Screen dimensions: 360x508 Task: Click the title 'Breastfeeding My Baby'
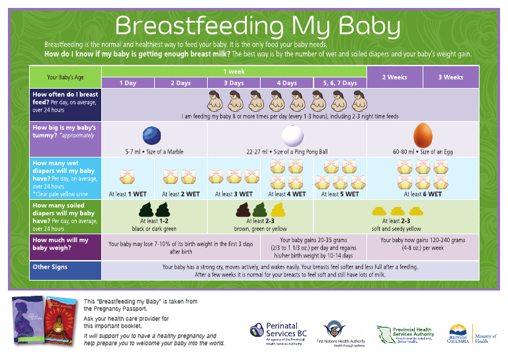point(257,26)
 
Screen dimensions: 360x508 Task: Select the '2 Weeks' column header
point(395,77)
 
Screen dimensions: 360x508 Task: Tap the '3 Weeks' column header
point(450,77)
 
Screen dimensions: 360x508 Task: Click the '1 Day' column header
point(128,83)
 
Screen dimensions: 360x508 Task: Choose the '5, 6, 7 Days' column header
point(339,83)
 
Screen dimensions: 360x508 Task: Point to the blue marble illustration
point(153,135)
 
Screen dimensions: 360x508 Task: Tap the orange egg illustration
point(423,135)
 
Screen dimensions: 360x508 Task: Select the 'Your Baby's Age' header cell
point(65,77)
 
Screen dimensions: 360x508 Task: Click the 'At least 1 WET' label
point(127,195)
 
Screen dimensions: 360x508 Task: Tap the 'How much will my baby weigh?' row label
point(60,244)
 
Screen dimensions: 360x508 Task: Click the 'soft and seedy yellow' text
point(396,228)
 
